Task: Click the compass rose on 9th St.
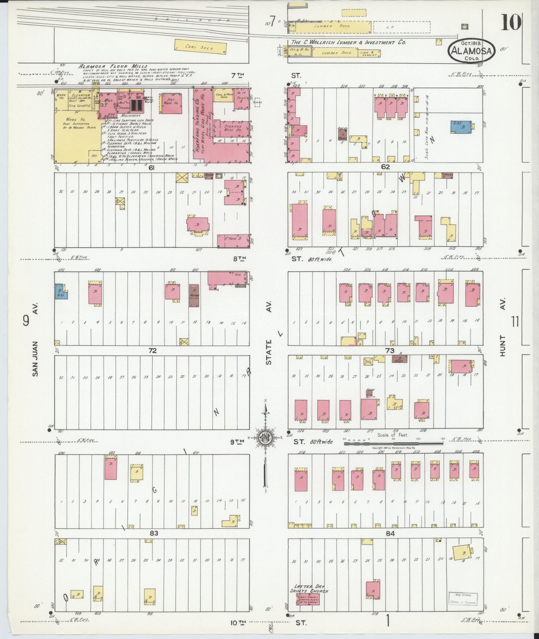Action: (x=266, y=438)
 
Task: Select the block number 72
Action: (x=153, y=351)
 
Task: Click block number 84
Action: (x=390, y=534)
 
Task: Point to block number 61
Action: (x=151, y=168)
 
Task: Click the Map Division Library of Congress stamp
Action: (x=462, y=364)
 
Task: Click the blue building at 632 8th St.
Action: (x=60, y=292)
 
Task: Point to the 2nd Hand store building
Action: (x=234, y=241)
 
